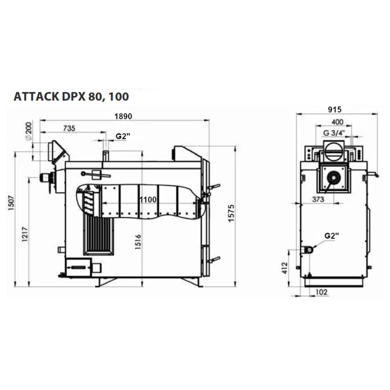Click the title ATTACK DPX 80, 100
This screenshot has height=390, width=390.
click(x=71, y=97)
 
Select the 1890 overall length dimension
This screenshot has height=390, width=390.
click(x=123, y=116)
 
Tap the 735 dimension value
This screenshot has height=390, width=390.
click(x=69, y=128)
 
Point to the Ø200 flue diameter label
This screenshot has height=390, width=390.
click(x=29, y=131)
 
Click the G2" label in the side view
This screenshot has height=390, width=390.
click(x=123, y=136)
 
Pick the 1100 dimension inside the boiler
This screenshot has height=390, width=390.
click(x=148, y=199)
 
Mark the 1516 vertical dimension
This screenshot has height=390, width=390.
click(x=138, y=241)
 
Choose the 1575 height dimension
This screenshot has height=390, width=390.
click(x=231, y=214)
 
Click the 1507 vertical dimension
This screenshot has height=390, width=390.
click(x=11, y=203)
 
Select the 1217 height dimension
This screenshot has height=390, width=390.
click(x=25, y=234)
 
